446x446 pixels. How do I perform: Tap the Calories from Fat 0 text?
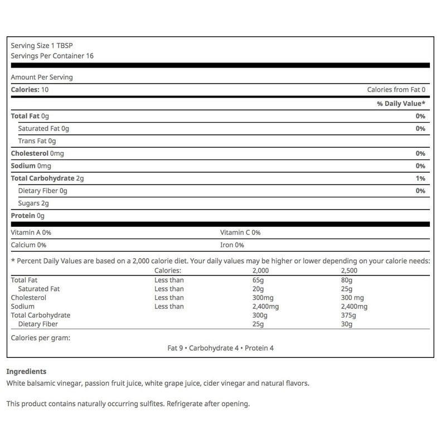click(x=396, y=90)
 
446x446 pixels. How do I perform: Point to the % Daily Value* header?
click(x=401, y=104)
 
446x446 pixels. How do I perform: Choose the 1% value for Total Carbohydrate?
click(x=420, y=178)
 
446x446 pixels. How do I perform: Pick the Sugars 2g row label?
click(x=33, y=203)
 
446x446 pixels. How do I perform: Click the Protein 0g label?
click(x=27, y=216)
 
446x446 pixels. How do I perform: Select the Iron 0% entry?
click(x=232, y=244)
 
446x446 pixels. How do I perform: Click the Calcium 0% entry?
click(x=28, y=244)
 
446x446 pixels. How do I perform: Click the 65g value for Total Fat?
click(x=258, y=280)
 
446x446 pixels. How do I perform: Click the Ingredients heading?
click(x=26, y=371)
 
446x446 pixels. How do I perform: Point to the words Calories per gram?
click(x=41, y=337)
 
